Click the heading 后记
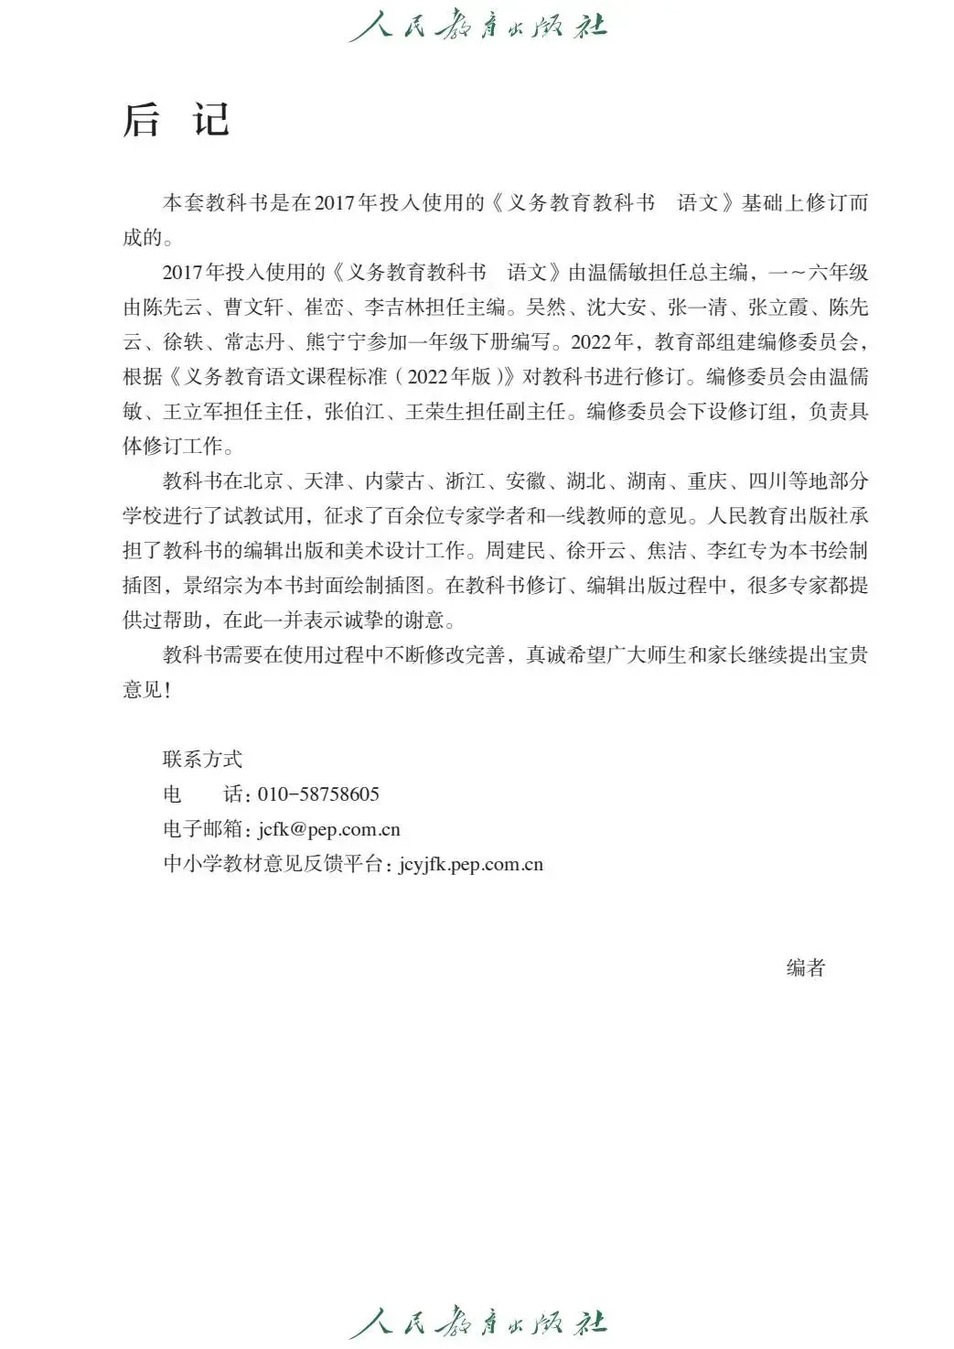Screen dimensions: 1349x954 point(177,120)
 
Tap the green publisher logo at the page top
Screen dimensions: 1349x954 point(477,25)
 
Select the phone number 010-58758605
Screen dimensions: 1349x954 point(318,794)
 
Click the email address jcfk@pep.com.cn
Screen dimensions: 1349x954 point(329,830)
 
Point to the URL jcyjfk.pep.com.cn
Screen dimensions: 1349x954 point(471,865)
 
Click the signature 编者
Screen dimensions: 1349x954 point(806,968)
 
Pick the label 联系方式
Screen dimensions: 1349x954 point(203,760)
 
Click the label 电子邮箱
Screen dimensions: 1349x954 point(203,830)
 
